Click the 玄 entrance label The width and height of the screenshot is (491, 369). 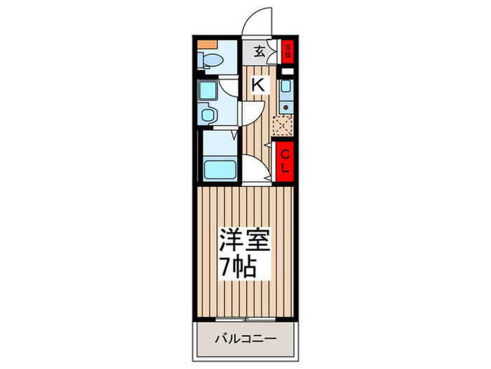click(x=258, y=51)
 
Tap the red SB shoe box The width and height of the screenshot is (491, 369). click(x=288, y=51)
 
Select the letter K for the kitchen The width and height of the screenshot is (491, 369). click(x=259, y=85)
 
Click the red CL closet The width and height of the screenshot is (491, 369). click(x=286, y=162)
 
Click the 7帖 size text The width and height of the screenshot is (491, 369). click(x=240, y=267)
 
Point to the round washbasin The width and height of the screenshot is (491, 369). click(x=207, y=115)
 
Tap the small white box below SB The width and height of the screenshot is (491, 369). click(x=288, y=71)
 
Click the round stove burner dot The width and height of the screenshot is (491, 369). click(x=285, y=108)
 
